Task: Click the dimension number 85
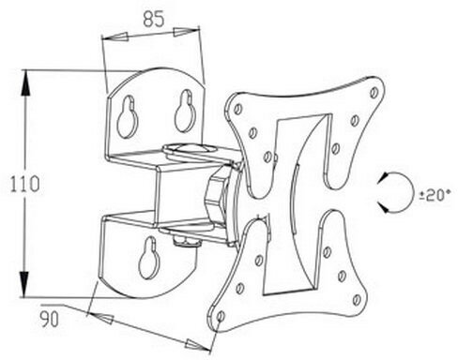tap(154, 20)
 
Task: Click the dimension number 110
tap(25, 184)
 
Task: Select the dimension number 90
tap(50, 319)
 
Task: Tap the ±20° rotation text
tap(435, 196)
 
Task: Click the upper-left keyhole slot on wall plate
tap(128, 116)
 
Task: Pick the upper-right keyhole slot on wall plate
tap(186, 111)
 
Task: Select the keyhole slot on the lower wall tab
tap(148, 257)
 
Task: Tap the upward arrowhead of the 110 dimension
tap(25, 82)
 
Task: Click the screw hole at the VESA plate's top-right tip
tap(374, 93)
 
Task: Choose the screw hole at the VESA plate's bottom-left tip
tap(221, 316)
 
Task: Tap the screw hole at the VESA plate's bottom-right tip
tap(357, 300)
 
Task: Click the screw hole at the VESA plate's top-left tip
tap(238, 109)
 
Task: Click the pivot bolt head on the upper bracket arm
tap(184, 147)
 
